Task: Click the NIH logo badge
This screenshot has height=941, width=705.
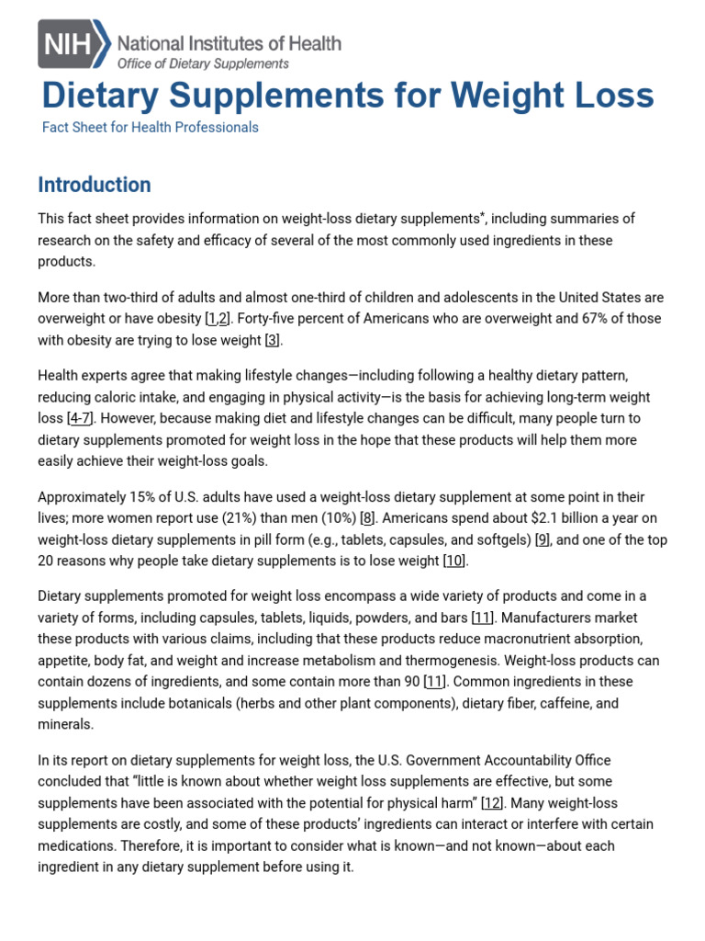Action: (73, 44)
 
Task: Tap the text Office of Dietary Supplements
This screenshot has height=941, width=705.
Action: (203, 63)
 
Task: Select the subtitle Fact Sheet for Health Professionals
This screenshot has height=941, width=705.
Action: (151, 128)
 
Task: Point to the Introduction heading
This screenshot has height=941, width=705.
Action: (95, 185)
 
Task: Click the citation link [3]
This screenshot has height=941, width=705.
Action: (273, 340)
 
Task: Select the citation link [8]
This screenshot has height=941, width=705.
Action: (367, 518)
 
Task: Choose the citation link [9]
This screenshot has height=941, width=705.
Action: (543, 539)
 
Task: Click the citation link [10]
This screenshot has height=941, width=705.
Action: (453, 561)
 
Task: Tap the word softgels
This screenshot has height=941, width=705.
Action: (496, 539)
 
